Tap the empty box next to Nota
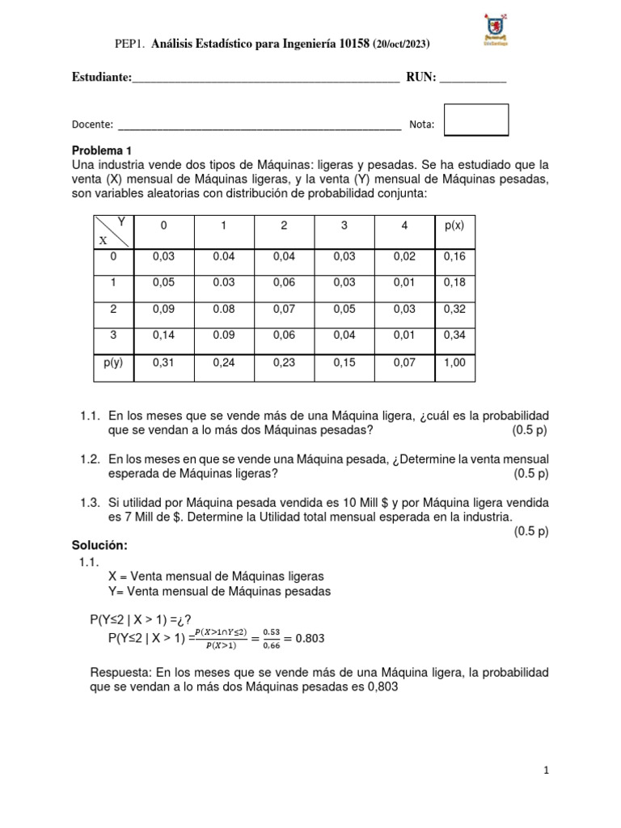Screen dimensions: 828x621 [476, 120]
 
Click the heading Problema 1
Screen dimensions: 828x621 [101, 150]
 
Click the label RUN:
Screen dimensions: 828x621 [420, 78]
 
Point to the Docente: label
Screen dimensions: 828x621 [92, 125]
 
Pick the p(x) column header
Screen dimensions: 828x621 [454, 226]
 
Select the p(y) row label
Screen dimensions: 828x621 [112, 362]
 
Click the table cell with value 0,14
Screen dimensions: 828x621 [163, 336]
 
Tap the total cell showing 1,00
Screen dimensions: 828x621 [454, 363]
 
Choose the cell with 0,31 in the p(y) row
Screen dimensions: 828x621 [163, 363]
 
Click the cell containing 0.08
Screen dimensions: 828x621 [223, 309]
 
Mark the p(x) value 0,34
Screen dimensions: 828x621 [454, 336]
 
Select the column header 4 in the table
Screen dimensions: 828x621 [404, 226]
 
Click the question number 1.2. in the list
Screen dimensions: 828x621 [90, 459]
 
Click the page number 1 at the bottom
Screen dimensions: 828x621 [547, 771]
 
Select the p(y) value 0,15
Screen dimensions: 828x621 [344, 363]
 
